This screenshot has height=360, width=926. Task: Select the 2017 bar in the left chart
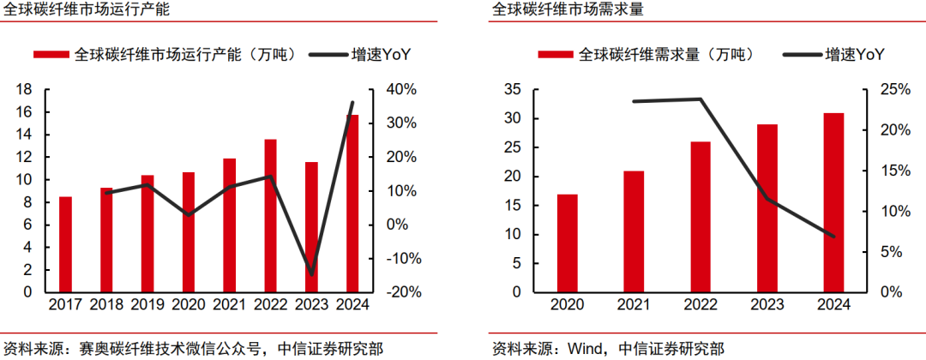pyautogui.click(x=65, y=244)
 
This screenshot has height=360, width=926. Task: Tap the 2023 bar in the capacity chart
pyautogui.click(x=311, y=227)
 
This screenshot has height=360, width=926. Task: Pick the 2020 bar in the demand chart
pyautogui.click(x=567, y=243)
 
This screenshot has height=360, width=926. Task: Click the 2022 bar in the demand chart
pyautogui.click(x=701, y=217)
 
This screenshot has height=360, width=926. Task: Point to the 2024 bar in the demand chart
pyautogui.click(x=833, y=202)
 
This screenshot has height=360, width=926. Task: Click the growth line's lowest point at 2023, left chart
pyautogui.click(x=311, y=274)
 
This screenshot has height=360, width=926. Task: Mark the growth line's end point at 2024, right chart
pyautogui.click(x=833, y=237)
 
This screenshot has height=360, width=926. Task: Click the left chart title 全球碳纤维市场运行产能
pyautogui.click(x=85, y=10)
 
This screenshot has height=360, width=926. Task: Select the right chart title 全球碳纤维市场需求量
pyautogui.click(x=568, y=10)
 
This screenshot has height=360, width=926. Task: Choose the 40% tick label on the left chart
pyautogui.click(x=400, y=89)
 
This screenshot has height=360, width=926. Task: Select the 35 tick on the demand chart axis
pyautogui.click(x=514, y=89)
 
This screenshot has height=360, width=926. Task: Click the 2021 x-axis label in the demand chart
pyautogui.click(x=634, y=305)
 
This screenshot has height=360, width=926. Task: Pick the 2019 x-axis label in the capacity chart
pyautogui.click(x=147, y=305)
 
